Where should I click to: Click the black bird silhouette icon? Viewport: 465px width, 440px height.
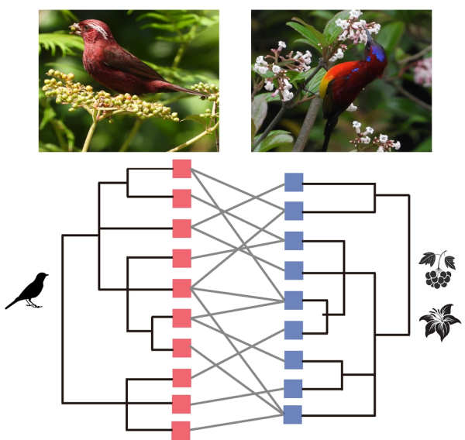28,290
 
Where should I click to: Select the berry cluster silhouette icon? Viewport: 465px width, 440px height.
438,270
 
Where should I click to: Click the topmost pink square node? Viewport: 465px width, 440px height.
181,168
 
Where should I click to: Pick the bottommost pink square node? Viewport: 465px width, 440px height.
181,430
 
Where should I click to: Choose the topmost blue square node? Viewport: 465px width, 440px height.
294,182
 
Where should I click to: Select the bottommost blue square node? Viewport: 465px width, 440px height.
294,414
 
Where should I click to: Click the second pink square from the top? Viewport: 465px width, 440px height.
181,198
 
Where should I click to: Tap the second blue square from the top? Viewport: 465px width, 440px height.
294,211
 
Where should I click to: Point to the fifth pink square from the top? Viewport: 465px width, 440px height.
181,288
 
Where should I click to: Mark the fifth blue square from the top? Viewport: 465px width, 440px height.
294,300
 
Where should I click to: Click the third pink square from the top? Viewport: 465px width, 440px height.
181,229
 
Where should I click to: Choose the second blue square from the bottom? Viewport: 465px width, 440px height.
294,388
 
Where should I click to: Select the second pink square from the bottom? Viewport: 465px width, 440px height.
181,404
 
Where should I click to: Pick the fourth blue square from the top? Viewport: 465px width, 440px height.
294,270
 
